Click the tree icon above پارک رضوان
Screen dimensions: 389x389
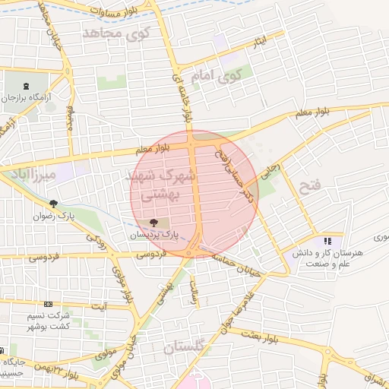click(53, 204)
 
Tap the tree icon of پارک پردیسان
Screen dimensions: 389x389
click(154, 223)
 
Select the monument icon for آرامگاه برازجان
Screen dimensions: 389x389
click(27, 85)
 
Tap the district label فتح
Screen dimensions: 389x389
click(311, 185)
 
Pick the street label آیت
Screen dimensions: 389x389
click(99, 306)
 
